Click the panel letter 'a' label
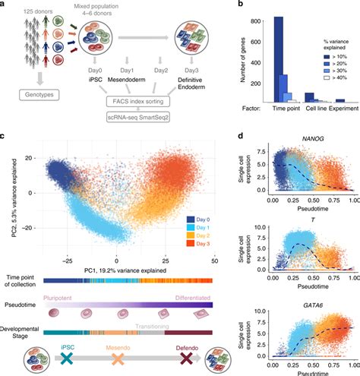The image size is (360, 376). (6, 5)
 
